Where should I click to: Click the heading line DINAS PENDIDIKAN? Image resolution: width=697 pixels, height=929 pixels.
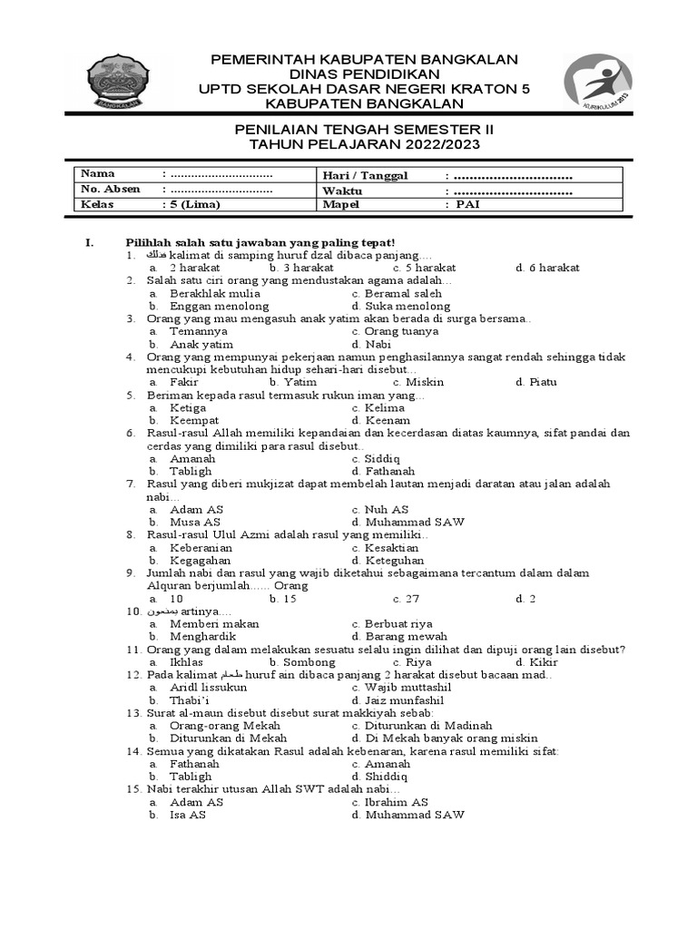(x=364, y=73)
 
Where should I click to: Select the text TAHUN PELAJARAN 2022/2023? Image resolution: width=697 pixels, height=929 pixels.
(x=364, y=145)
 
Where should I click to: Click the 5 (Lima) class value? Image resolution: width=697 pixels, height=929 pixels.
(x=190, y=205)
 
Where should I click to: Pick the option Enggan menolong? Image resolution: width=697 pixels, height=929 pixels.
(x=215, y=307)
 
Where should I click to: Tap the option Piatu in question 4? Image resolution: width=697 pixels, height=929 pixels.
(x=544, y=382)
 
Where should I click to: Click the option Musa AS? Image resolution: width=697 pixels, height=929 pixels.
(x=195, y=523)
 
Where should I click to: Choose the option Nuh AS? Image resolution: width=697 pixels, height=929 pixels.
(x=387, y=510)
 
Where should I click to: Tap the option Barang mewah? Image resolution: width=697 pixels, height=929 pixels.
(x=399, y=637)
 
